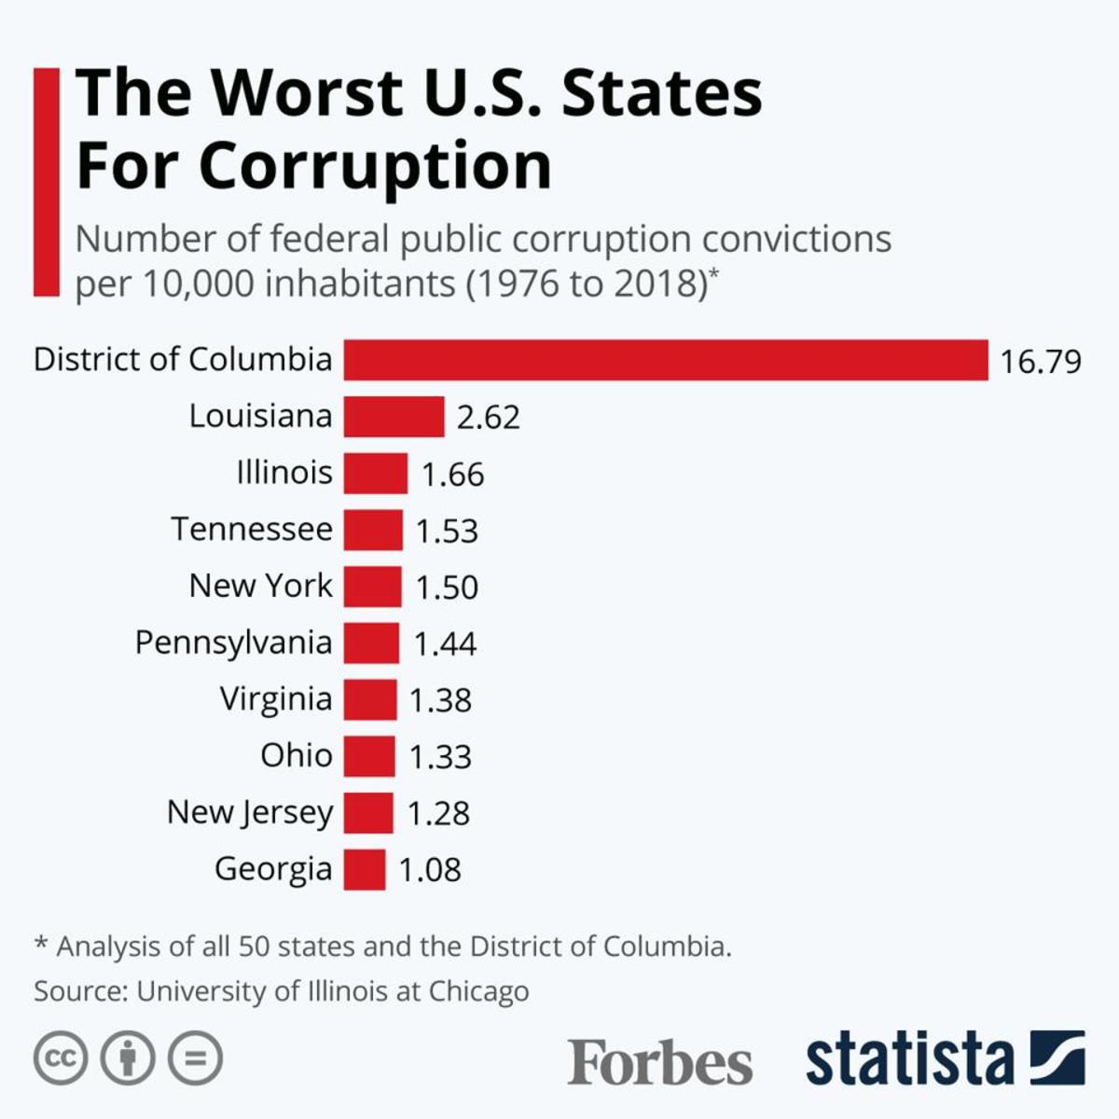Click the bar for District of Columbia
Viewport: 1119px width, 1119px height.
click(x=665, y=360)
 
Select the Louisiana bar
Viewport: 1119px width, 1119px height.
click(x=394, y=417)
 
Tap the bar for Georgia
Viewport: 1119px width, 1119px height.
click(x=364, y=869)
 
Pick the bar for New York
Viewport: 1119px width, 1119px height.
click(x=372, y=587)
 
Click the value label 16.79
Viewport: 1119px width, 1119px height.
click(x=1041, y=361)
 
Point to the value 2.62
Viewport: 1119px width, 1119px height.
click(x=488, y=417)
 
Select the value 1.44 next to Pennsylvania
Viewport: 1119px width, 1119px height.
click(x=445, y=643)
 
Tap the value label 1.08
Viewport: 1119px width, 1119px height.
click(x=430, y=870)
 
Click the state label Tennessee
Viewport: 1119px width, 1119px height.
click(x=252, y=530)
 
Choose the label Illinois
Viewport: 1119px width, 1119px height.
click(x=284, y=473)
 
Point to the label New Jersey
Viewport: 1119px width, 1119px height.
click(x=249, y=813)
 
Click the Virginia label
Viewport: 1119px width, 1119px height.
click(x=276, y=699)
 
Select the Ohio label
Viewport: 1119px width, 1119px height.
click(x=296, y=755)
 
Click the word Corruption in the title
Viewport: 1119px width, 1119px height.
click(x=375, y=166)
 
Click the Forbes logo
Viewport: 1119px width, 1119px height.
click(x=659, y=1062)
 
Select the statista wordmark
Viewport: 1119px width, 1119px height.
click(x=909, y=1059)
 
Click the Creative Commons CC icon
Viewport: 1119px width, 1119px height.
click(x=61, y=1058)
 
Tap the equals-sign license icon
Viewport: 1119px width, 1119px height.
click(x=195, y=1058)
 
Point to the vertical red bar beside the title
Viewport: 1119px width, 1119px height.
click(x=46, y=182)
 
